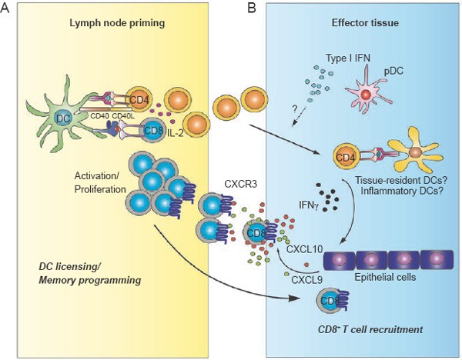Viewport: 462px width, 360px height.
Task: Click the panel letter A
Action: pyautogui.click(x=5, y=8)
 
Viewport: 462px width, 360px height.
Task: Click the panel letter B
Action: pyautogui.click(x=252, y=8)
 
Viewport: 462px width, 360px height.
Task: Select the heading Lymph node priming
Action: pyautogui.click(x=117, y=23)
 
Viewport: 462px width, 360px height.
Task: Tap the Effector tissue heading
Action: pyautogui.click(x=365, y=22)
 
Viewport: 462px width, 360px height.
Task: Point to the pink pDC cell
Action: pyautogui.click(x=367, y=93)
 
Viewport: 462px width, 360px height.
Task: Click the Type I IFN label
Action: pyautogui.click(x=348, y=58)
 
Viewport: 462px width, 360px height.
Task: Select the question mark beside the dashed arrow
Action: pyautogui.click(x=295, y=109)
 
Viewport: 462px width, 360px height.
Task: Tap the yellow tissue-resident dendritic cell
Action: pyautogui.click(x=415, y=152)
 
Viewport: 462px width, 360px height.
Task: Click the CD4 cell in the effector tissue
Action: pyautogui.click(x=346, y=158)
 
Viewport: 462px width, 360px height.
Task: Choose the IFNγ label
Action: pyautogui.click(x=309, y=205)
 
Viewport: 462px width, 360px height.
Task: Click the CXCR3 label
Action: pyautogui.click(x=240, y=184)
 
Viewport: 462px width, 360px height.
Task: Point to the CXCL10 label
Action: pyautogui.click(x=305, y=250)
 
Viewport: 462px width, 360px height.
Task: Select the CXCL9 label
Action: pyautogui.click(x=306, y=279)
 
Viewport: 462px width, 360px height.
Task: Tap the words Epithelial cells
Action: pyautogui.click(x=385, y=277)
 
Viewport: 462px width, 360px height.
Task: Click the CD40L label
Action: pyautogui.click(x=123, y=116)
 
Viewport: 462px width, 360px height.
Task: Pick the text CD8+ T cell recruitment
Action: pyautogui.click(x=370, y=329)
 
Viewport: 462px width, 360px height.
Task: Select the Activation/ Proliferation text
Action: pyautogui.click(x=100, y=182)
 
